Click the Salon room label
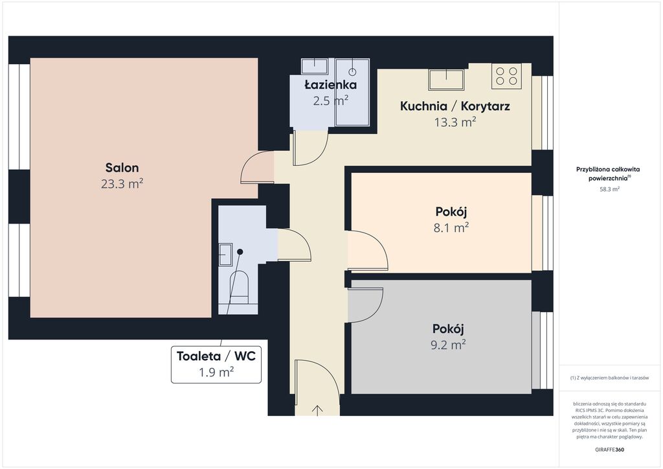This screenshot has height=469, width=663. [x=122, y=168]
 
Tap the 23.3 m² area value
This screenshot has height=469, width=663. [x=122, y=184]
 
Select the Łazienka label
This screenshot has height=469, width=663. [x=331, y=85]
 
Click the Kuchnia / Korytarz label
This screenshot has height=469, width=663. [x=455, y=106]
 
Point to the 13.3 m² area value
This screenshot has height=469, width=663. [x=455, y=122]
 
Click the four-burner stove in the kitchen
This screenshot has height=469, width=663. [x=506, y=76]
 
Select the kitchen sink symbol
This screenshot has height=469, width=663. [x=446, y=80]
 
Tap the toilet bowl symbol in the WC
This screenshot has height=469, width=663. [x=239, y=288]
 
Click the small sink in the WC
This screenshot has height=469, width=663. [x=225, y=255]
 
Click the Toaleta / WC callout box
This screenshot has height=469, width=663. [x=216, y=364]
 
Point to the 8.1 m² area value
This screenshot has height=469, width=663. [x=451, y=228]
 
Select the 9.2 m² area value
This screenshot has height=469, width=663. [x=448, y=345]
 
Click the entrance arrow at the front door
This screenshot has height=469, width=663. [x=317, y=410]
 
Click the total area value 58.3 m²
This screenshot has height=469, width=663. [x=609, y=189]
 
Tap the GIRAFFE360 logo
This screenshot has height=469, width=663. [x=609, y=450]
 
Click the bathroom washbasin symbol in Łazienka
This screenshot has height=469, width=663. [x=315, y=66]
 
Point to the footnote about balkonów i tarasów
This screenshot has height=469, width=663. [x=609, y=378]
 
